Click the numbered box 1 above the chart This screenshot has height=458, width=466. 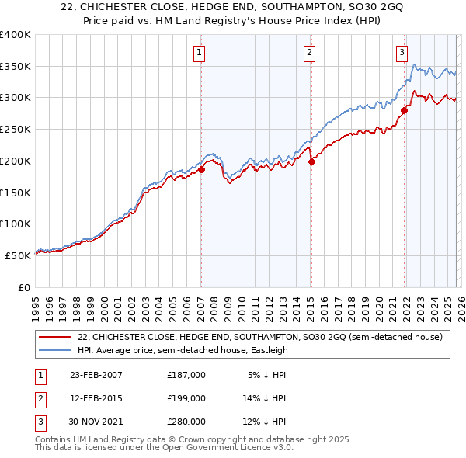click(x=200, y=53)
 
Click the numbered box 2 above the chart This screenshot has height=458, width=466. click(x=309, y=53)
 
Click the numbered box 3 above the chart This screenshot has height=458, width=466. click(x=402, y=53)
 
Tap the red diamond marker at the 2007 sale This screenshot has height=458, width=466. click(x=201, y=168)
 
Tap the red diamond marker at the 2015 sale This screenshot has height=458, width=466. click(x=311, y=161)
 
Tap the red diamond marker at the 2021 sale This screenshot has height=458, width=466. click(x=405, y=110)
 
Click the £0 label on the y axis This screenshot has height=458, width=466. click(x=23, y=286)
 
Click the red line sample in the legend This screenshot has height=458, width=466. click(x=56, y=337)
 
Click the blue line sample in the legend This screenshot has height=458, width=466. click(x=56, y=350)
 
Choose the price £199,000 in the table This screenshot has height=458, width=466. click(x=186, y=398)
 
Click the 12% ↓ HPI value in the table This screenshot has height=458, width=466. click(x=267, y=422)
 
